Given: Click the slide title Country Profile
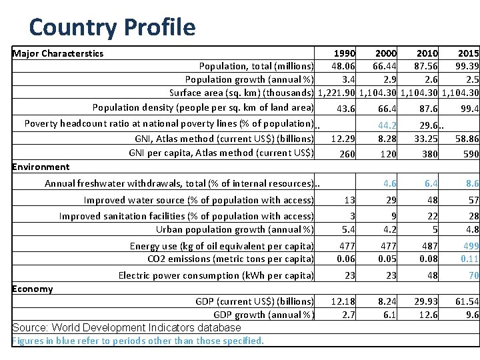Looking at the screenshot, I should (x=112, y=27).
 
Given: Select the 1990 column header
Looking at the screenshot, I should (x=344, y=53).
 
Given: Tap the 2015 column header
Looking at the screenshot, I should (x=468, y=53).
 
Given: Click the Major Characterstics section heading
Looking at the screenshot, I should (x=58, y=53).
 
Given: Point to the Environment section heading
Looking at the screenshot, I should (x=41, y=167).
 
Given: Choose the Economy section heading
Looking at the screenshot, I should (x=33, y=289).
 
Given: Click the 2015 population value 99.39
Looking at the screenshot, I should (x=465, y=66).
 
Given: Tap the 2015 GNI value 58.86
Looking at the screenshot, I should (x=465, y=139).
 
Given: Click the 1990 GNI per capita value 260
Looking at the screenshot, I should (x=347, y=153).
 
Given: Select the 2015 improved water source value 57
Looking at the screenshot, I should (x=473, y=200).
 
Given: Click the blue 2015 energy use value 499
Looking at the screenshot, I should (x=469, y=245).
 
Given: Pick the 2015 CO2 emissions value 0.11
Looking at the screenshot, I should (x=469, y=259).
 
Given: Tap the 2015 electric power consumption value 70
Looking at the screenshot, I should (x=473, y=275).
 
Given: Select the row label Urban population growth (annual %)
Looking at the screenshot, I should (x=235, y=229).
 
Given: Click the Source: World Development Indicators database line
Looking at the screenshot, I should (x=127, y=327).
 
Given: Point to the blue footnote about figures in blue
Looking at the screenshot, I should (x=138, y=341).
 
